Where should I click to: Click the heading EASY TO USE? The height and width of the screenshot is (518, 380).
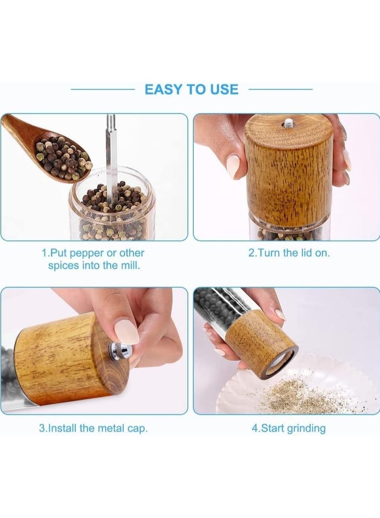[191, 89]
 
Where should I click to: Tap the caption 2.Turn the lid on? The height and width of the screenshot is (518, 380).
[289, 253]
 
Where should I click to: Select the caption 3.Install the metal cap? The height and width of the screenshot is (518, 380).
[93, 428]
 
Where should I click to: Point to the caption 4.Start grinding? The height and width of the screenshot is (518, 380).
[288, 428]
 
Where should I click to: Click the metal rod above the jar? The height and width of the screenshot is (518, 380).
[111, 157]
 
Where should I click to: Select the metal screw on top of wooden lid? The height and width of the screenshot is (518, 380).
[288, 125]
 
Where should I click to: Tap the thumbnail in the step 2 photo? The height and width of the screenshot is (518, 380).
[233, 166]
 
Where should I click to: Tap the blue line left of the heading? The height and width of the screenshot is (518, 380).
[103, 89]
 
